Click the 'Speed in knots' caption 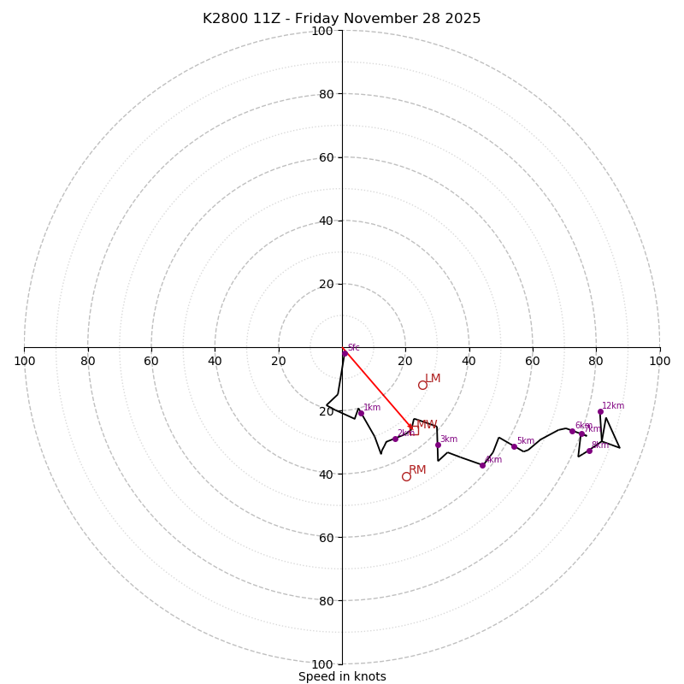click(342, 676)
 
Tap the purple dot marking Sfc click(345, 352)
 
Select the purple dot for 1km click(361, 413)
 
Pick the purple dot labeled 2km click(395, 439)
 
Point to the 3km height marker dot click(438, 445)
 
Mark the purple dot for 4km click(482, 465)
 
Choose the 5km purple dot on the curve click(514, 446)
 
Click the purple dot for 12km click(600, 411)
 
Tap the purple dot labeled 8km click(589, 451)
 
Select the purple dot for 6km click(572, 431)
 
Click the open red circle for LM click(422, 385)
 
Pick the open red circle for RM click(406, 476)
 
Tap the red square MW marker click(414, 431)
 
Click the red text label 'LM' click(433, 379)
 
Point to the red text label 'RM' click(417, 470)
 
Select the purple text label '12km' click(613, 406)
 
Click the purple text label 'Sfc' click(353, 348)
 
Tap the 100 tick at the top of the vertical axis click(322, 32)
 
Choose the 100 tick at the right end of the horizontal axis click(660, 361)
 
